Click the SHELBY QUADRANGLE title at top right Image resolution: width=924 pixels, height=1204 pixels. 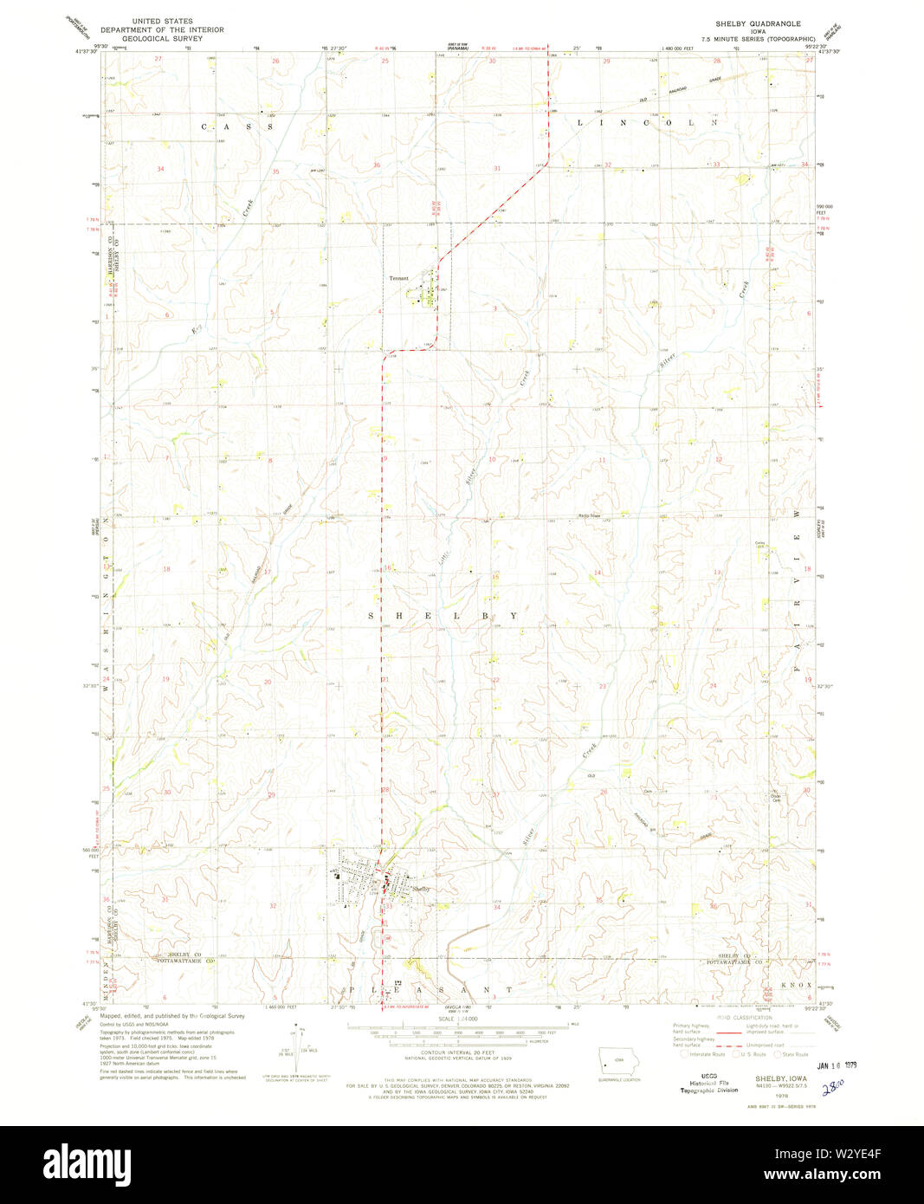click(x=757, y=23)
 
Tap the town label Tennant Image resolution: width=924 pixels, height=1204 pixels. click(x=398, y=278)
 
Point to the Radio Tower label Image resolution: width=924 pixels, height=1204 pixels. click(x=591, y=515)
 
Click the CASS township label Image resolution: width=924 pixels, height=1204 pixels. click(x=237, y=126)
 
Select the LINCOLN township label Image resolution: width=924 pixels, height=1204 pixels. click(x=648, y=123)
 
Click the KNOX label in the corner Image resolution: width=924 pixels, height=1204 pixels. click(x=796, y=985)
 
